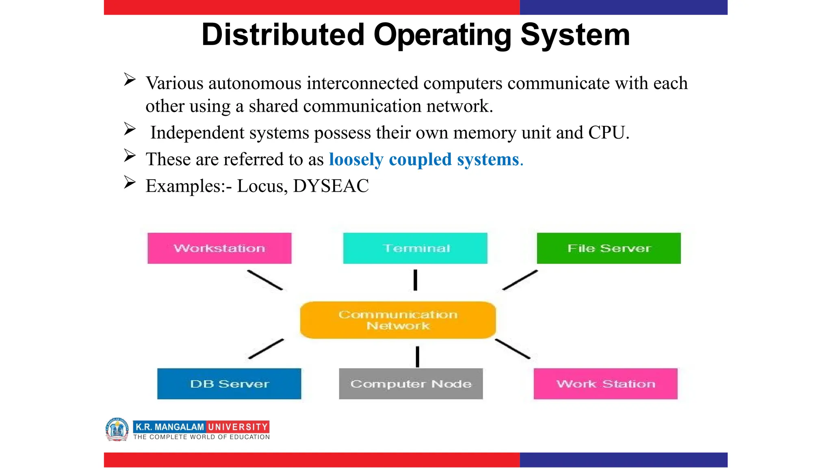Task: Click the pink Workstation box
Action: (219, 248)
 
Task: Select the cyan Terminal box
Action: (415, 248)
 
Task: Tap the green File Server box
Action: (609, 248)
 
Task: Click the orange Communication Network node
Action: (398, 320)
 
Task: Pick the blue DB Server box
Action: (229, 384)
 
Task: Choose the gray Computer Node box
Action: (411, 384)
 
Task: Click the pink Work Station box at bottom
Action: (605, 384)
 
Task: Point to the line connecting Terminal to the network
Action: (415, 280)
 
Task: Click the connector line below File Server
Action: (520, 280)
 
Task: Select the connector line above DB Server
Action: (266, 349)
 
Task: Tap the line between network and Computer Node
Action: (417, 357)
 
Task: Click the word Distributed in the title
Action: (283, 35)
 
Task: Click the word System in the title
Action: (575, 35)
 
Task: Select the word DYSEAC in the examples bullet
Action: (331, 186)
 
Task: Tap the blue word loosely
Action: (356, 160)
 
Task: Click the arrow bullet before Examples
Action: (130, 182)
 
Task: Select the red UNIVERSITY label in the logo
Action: (238, 427)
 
